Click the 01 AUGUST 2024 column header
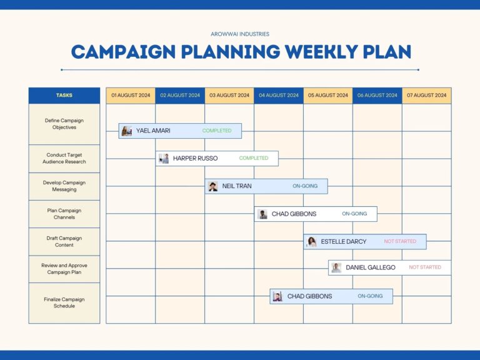click(x=131, y=96)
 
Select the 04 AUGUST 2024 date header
click(x=279, y=96)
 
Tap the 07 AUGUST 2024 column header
click(x=427, y=96)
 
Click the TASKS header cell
click(x=64, y=96)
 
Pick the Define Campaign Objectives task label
click(x=64, y=124)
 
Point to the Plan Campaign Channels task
click(x=64, y=214)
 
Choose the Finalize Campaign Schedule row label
click(x=64, y=302)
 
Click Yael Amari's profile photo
click(x=127, y=131)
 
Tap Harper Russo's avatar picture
click(x=164, y=159)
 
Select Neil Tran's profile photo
click(x=213, y=186)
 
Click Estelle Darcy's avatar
click(x=312, y=242)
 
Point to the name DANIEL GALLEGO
click(x=371, y=267)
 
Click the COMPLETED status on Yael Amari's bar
click(x=217, y=131)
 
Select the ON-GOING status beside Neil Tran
click(x=305, y=186)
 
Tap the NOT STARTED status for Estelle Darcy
click(x=400, y=241)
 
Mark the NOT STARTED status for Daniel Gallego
click(x=425, y=267)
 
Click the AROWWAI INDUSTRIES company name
click(x=240, y=34)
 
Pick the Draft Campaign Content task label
click(x=64, y=241)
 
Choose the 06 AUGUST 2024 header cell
click(x=377, y=96)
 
